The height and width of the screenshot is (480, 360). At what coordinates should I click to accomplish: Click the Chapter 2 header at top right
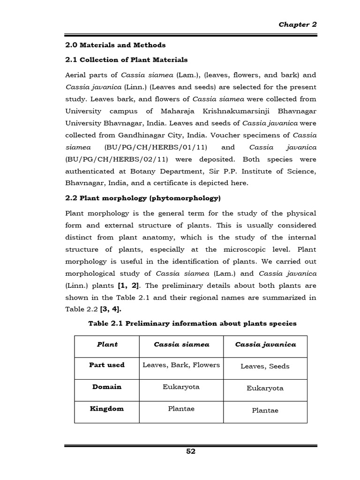(x=298, y=25)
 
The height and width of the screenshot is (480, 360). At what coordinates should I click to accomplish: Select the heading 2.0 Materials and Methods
(x=114, y=45)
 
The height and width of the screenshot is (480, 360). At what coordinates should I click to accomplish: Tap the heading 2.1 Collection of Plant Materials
(x=126, y=60)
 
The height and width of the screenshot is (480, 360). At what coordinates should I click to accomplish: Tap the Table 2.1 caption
(x=192, y=323)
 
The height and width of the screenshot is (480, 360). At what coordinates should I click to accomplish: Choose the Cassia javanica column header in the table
(x=265, y=345)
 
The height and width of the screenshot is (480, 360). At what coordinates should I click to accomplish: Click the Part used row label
(x=107, y=365)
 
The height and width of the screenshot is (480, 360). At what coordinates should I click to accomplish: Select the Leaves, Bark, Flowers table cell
(x=181, y=365)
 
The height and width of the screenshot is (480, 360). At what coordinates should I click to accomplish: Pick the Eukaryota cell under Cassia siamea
(x=181, y=387)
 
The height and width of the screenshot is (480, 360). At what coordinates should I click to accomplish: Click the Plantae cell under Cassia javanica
(x=265, y=410)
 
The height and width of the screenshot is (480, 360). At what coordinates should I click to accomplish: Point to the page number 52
(x=191, y=451)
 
